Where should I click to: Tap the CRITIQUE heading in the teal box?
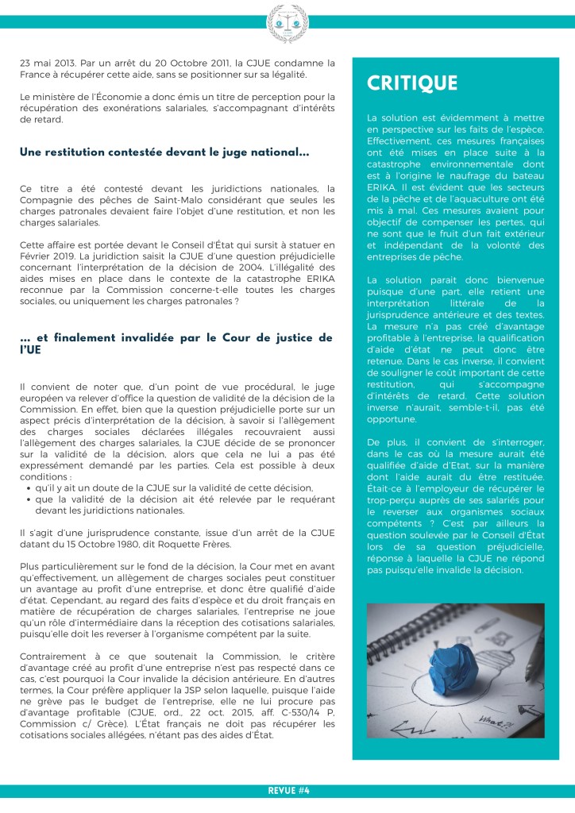coord(411,83)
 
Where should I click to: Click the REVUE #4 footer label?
coord(287,791)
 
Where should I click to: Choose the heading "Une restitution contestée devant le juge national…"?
coord(164,152)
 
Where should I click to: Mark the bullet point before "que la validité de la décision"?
coord(29,499)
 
